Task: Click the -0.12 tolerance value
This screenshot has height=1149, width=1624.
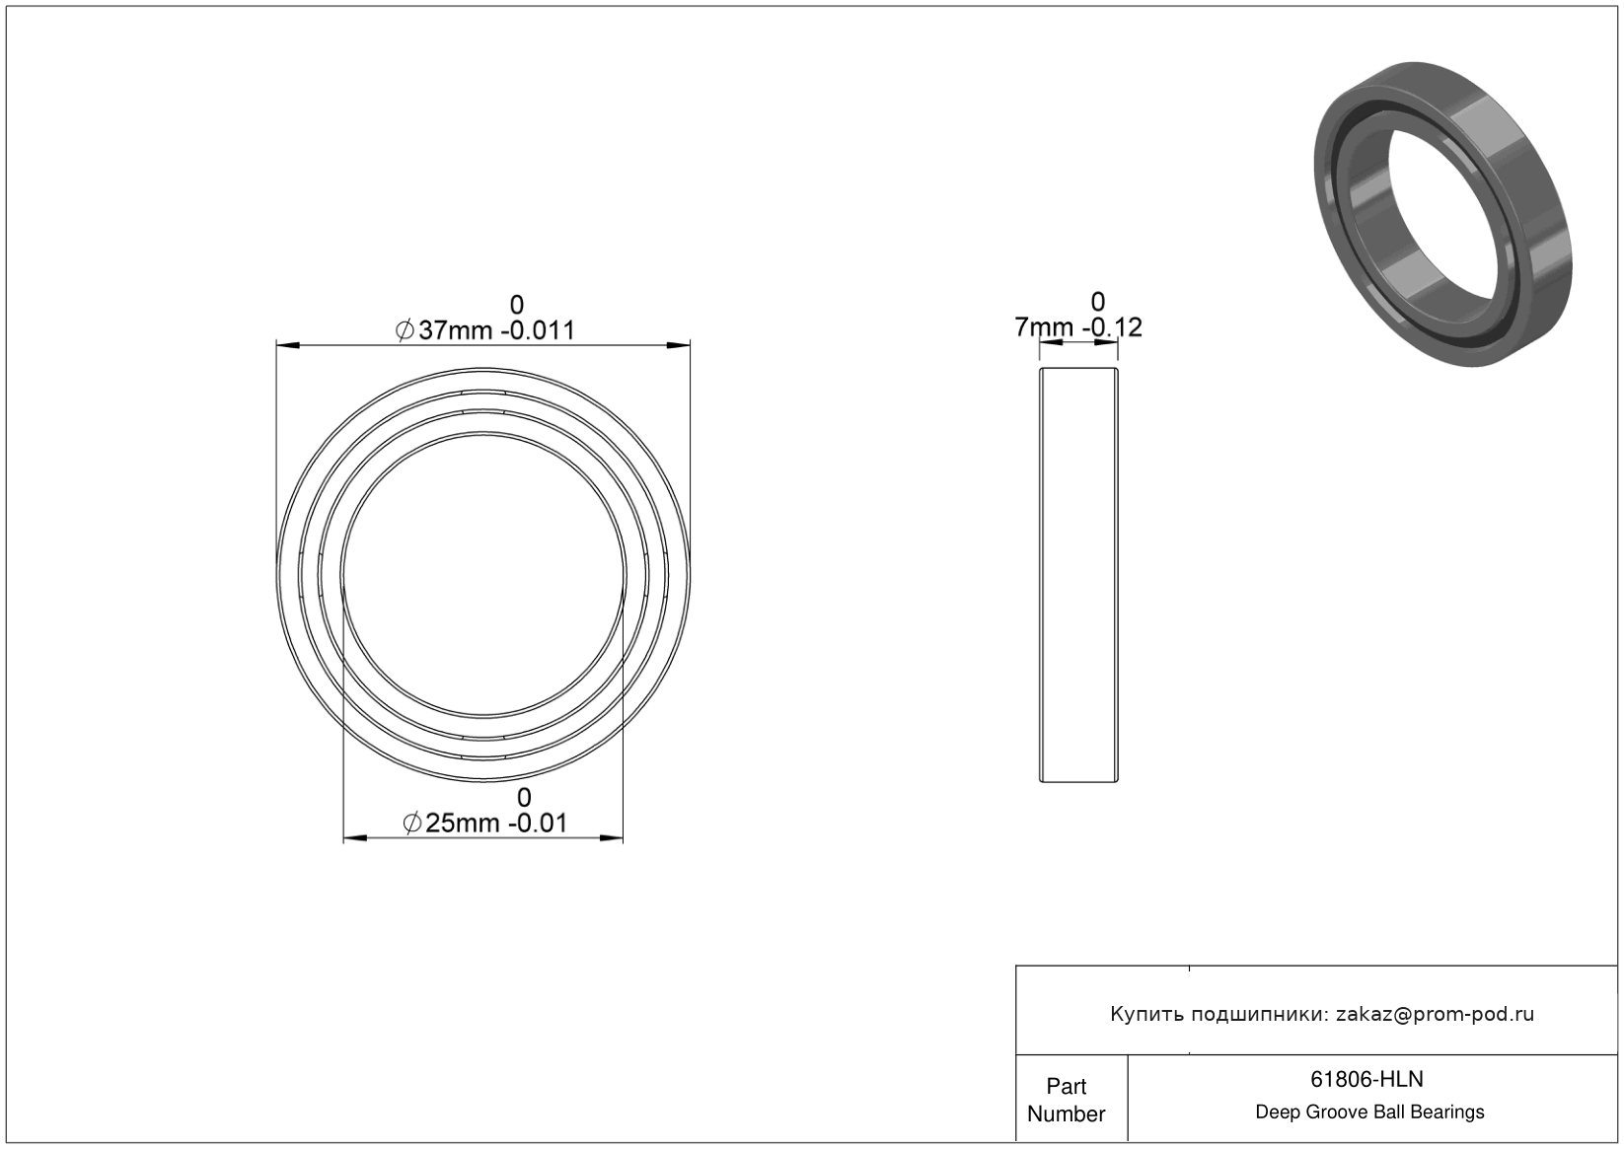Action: pos(1112,327)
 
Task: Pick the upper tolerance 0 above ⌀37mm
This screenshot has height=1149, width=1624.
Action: pos(517,305)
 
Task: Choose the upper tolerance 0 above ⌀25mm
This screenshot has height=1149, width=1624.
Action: pos(524,798)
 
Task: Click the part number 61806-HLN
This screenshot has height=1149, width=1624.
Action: pos(1366,1079)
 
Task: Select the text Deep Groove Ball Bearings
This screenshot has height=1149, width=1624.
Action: pos(1369,1113)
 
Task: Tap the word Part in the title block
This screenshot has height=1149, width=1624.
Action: pos(1067,1086)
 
